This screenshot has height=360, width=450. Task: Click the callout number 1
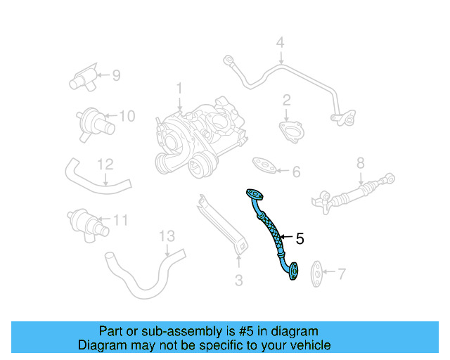[179, 89]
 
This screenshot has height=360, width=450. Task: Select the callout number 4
[280, 42]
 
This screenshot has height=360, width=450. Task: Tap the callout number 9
[116, 74]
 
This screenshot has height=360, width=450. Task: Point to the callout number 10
[126, 116]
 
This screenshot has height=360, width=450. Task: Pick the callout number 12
[105, 165]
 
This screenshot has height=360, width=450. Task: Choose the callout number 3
[238, 281]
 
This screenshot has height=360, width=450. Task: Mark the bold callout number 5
[300, 239]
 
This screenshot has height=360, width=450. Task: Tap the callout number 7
[342, 272]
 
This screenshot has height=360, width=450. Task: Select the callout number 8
[360, 163]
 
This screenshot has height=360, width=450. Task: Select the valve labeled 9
[83, 75]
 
